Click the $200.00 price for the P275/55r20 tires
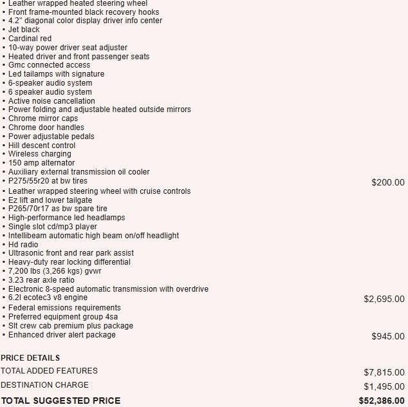tap(387, 183)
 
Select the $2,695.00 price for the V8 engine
tap(384, 299)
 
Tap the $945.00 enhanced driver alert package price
tap(387, 336)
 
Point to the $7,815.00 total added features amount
tap(384, 372)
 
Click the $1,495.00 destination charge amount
tap(384, 386)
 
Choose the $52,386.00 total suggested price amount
tap(382, 401)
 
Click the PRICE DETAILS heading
tap(30, 358)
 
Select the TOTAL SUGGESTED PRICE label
tap(60, 401)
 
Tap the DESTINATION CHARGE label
tap(44, 385)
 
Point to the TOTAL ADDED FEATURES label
tap(49, 371)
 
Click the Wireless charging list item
tap(40, 154)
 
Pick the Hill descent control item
tap(42, 146)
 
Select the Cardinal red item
tap(30, 39)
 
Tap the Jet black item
tap(24, 30)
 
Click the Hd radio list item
tap(23, 245)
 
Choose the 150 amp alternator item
tap(41, 163)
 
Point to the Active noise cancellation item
tap(51, 101)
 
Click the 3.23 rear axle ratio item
tap(41, 280)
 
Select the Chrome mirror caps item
tap(43, 118)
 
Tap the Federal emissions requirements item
tap(64, 308)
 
